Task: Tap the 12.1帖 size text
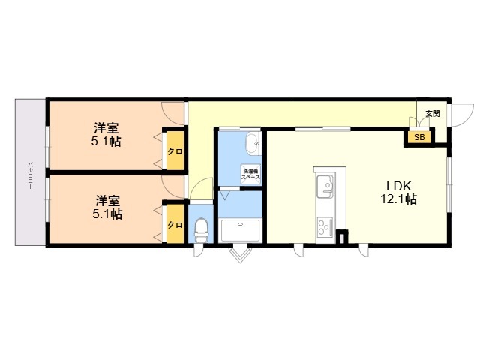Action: click(398, 200)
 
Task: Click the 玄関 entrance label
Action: click(433, 114)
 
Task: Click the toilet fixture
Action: click(201, 228)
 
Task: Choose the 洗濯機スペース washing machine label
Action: click(250, 175)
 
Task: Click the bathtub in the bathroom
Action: click(239, 231)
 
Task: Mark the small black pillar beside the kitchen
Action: click(341, 238)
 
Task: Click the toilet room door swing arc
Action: click(200, 192)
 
